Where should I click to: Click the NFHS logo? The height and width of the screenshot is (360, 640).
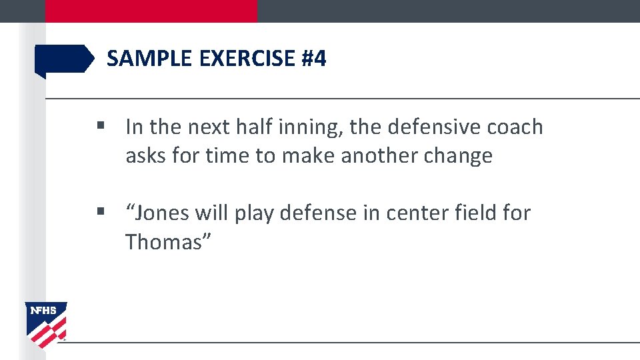(46, 324)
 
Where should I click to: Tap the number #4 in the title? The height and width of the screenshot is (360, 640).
(313, 59)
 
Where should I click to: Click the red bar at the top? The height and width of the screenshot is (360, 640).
(151, 11)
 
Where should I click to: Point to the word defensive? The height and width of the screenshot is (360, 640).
(433, 127)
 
